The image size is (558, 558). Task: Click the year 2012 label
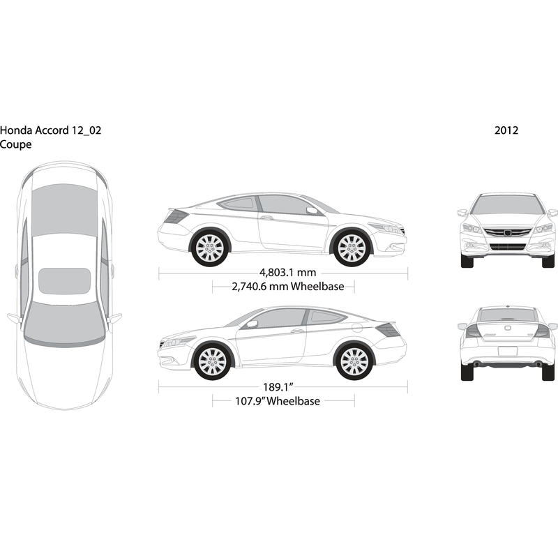506,130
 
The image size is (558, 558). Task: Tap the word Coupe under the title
15,145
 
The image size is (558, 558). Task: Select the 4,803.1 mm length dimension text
287,273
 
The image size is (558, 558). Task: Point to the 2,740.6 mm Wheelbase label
288,287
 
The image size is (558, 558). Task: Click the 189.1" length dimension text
278,387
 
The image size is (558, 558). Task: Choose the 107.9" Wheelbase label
278,401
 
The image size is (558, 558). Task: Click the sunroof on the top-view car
64,281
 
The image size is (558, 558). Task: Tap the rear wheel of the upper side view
210,248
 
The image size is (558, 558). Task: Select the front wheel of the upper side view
352,248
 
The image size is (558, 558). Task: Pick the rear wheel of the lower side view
354,361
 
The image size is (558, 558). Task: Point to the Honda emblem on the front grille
508,234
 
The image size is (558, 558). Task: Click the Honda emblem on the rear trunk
508,327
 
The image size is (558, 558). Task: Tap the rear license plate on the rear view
508,352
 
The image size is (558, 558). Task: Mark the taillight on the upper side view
176,216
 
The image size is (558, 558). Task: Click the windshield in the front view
508,205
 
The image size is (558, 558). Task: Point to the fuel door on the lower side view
356,327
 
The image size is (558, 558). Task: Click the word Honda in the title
16,130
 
